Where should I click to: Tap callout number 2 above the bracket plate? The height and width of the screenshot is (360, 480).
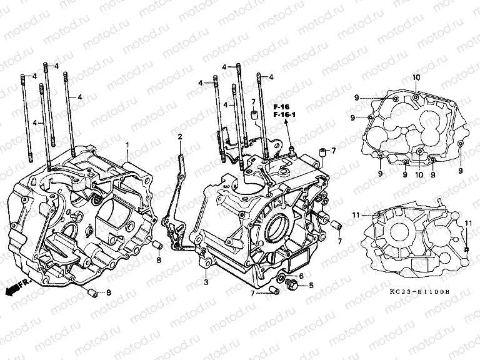pyautogui.click(x=179, y=136)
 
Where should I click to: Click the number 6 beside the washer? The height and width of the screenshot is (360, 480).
pyautogui.click(x=301, y=276)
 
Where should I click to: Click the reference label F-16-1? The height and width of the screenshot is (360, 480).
pyautogui.click(x=286, y=115)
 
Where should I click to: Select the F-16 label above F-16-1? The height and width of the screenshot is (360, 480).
pyautogui.click(x=282, y=107)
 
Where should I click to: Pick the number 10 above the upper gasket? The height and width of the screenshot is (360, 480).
pyautogui.click(x=416, y=77)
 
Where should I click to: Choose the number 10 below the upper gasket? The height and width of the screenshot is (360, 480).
pyautogui.click(x=419, y=175)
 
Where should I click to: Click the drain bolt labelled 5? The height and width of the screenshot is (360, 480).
pyautogui.click(x=290, y=286)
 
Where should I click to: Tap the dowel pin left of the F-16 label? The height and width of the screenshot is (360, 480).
pyautogui.click(x=254, y=114)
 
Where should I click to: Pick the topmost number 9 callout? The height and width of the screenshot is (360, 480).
pyautogui.click(x=356, y=97)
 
